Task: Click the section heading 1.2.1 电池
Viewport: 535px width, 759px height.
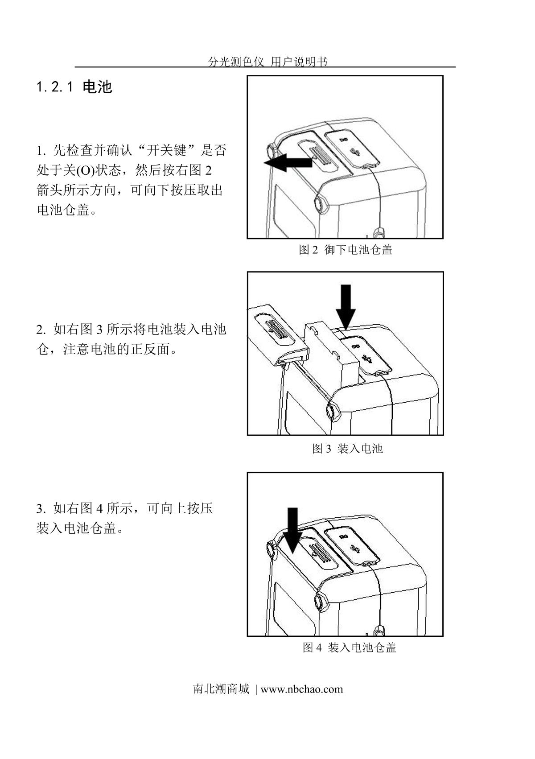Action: pos(74,87)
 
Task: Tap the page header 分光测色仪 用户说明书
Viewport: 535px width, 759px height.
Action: pos(267,62)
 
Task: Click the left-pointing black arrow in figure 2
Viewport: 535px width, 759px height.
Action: pos(288,163)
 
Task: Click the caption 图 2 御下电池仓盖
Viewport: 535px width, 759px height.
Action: pos(345,250)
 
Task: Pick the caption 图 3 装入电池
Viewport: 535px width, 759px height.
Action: pos(347,449)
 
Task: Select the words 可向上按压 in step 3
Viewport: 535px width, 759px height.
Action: pos(180,508)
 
